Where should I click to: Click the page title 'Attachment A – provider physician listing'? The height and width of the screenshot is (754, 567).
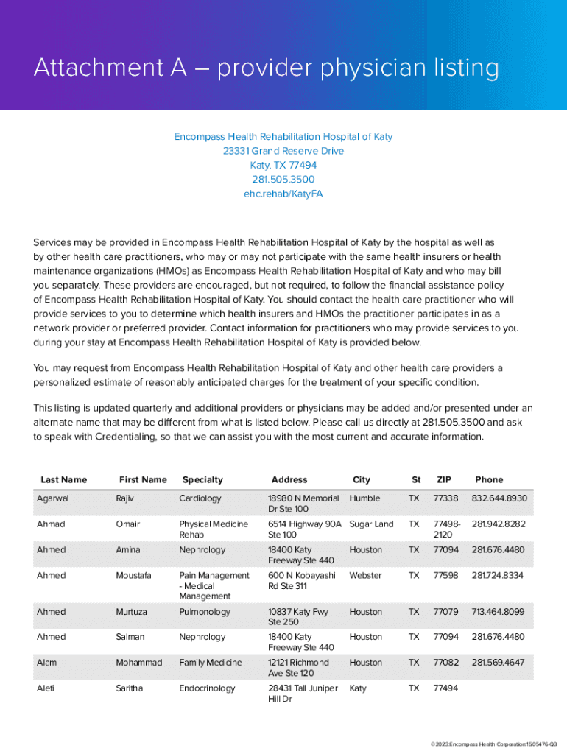click(266, 68)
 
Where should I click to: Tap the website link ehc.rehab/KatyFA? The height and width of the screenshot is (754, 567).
click(283, 194)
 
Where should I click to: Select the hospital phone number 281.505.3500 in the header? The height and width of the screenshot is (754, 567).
click(283, 180)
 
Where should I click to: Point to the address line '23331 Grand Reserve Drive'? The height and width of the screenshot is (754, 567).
click(283, 151)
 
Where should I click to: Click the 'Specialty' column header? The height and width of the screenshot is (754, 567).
click(202, 480)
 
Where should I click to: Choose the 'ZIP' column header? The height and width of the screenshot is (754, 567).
click(444, 480)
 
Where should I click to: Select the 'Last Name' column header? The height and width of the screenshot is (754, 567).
click(63, 480)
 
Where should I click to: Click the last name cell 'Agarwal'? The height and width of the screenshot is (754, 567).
click(53, 498)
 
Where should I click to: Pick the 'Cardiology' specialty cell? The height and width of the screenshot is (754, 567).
click(200, 498)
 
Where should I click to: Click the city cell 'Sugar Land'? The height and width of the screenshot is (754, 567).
click(371, 524)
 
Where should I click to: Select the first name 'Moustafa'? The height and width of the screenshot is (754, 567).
click(135, 576)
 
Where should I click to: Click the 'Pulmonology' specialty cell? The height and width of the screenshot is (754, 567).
click(205, 612)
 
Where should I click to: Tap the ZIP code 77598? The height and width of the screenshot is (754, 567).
click(445, 576)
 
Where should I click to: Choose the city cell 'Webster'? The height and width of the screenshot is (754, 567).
click(366, 576)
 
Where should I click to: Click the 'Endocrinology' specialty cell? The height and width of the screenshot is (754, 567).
click(207, 688)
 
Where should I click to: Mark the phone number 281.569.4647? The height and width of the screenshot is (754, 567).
click(498, 663)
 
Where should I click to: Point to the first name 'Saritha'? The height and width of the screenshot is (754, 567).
click(130, 688)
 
